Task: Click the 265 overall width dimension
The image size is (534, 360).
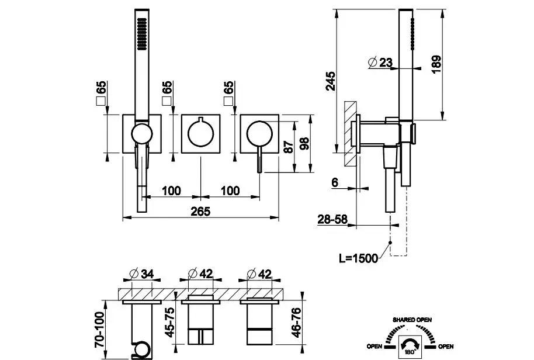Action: [x=200, y=211]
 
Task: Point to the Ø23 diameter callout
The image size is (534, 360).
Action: [x=380, y=62]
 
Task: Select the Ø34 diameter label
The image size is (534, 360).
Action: [x=140, y=273]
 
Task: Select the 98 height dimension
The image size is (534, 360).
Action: [x=304, y=144]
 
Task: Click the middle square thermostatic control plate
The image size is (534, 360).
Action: [x=200, y=134]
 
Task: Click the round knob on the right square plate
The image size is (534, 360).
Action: [x=257, y=133]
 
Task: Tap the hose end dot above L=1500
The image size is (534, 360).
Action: [x=390, y=243]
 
